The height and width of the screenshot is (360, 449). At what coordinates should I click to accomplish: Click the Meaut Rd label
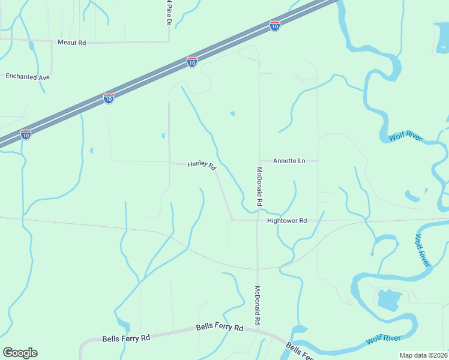(x=72, y=43)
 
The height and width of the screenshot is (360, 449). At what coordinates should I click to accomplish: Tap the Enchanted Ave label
(x=28, y=77)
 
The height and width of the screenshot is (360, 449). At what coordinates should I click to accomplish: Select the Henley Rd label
(x=202, y=165)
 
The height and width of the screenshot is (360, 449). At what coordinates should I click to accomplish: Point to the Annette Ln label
(x=289, y=161)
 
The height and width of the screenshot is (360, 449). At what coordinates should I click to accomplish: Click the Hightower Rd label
(x=287, y=221)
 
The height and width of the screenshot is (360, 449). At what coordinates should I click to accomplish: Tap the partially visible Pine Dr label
(x=169, y=12)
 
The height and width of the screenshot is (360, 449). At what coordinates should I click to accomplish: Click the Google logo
(x=20, y=353)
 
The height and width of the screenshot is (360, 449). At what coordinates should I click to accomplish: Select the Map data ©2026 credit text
(x=424, y=355)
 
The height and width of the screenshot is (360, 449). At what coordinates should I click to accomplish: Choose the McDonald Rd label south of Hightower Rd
(x=258, y=305)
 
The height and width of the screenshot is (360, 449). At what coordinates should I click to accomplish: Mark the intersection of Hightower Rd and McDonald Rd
(x=258, y=221)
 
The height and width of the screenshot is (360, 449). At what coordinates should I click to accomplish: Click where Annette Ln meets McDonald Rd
(x=259, y=161)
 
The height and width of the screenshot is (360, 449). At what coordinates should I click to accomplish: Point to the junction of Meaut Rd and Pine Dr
(x=169, y=41)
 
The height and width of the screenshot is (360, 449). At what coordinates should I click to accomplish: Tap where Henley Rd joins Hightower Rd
(x=232, y=220)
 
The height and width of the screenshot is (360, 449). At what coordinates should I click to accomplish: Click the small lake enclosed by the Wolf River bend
(x=388, y=299)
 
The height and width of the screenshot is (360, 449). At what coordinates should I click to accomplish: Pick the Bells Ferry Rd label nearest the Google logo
(x=126, y=338)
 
